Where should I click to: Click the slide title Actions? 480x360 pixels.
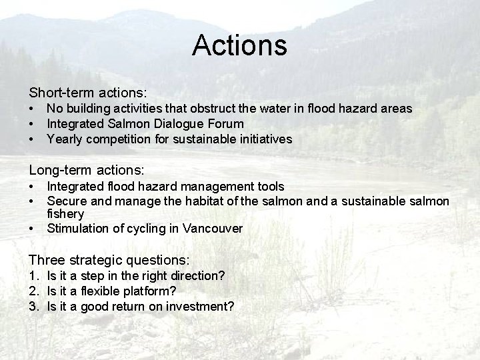[239, 45]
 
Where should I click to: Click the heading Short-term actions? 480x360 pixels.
[87, 90]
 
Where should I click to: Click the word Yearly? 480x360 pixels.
[64, 139]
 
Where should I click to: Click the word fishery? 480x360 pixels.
[65, 214]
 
